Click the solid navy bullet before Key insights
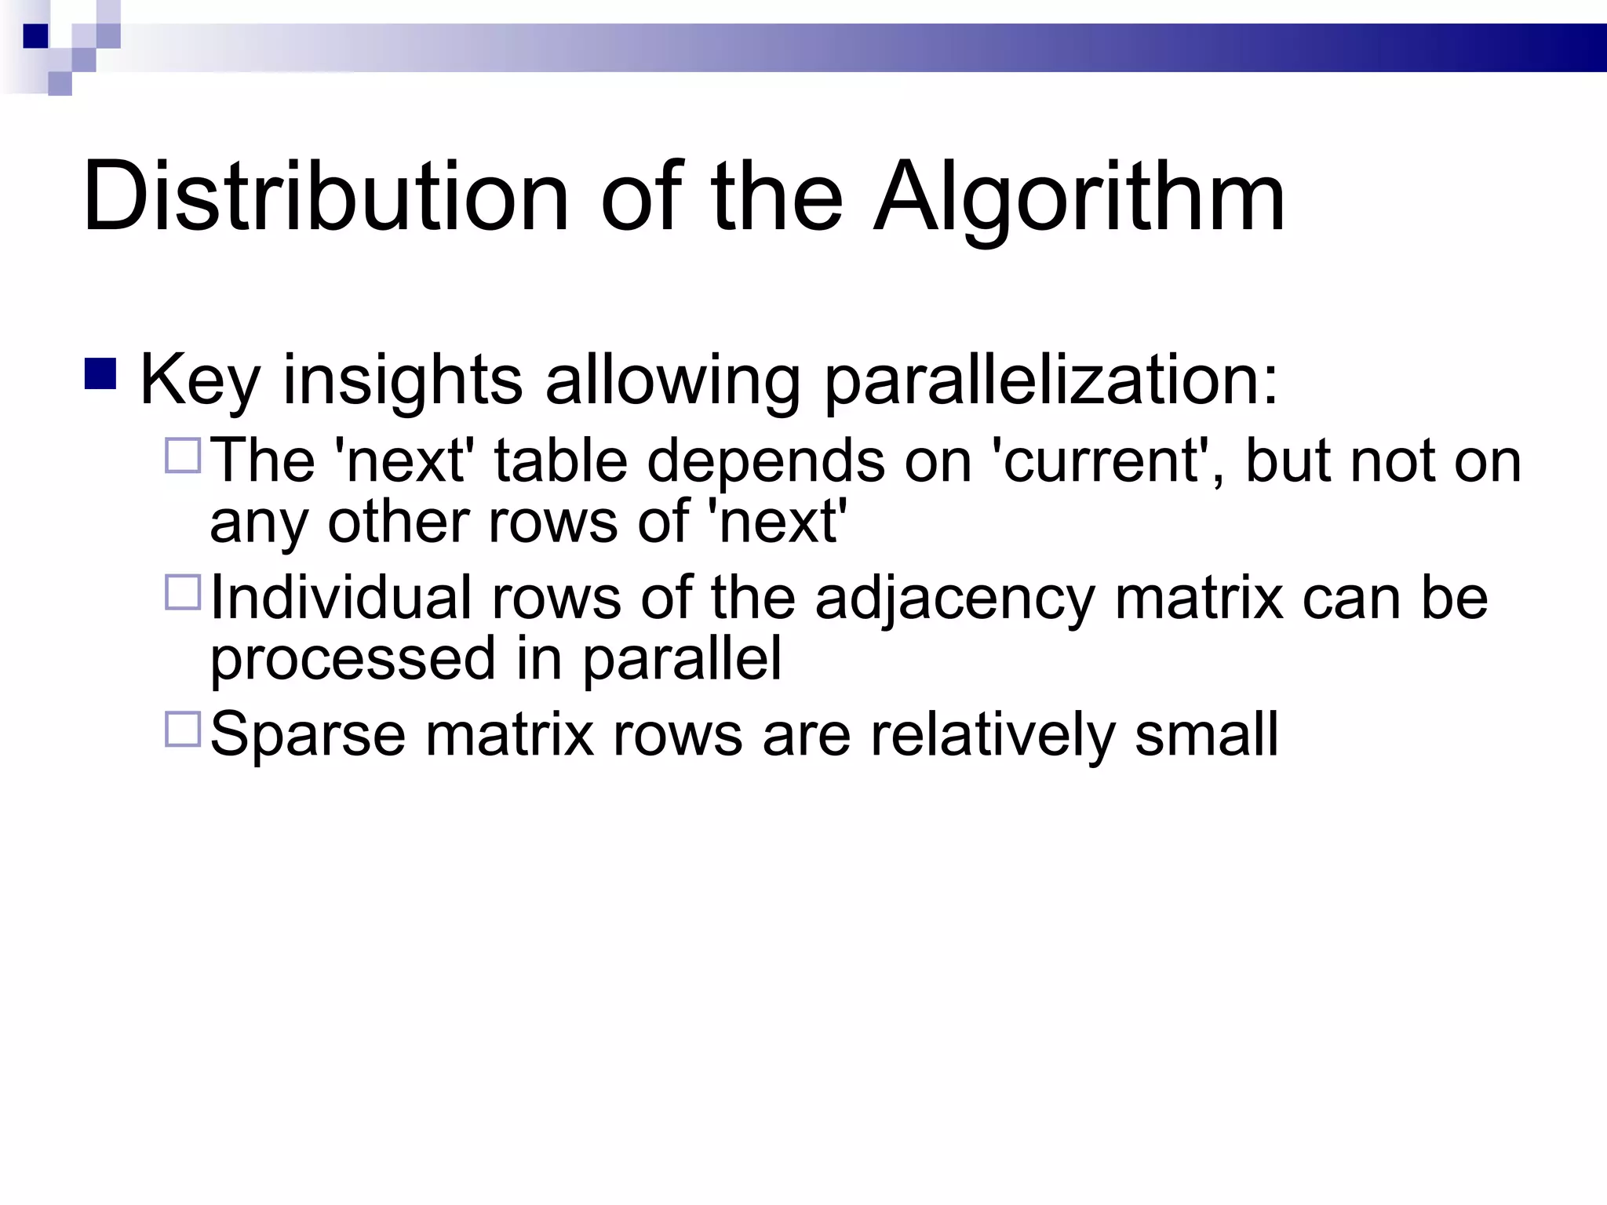pos(100,374)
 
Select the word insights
pos(403,380)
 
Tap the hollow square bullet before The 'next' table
pos(183,455)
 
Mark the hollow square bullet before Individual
pos(183,592)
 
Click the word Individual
pos(341,598)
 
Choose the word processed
pos(352,660)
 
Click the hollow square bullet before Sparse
pos(183,729)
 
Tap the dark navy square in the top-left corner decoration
pos(35,36)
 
